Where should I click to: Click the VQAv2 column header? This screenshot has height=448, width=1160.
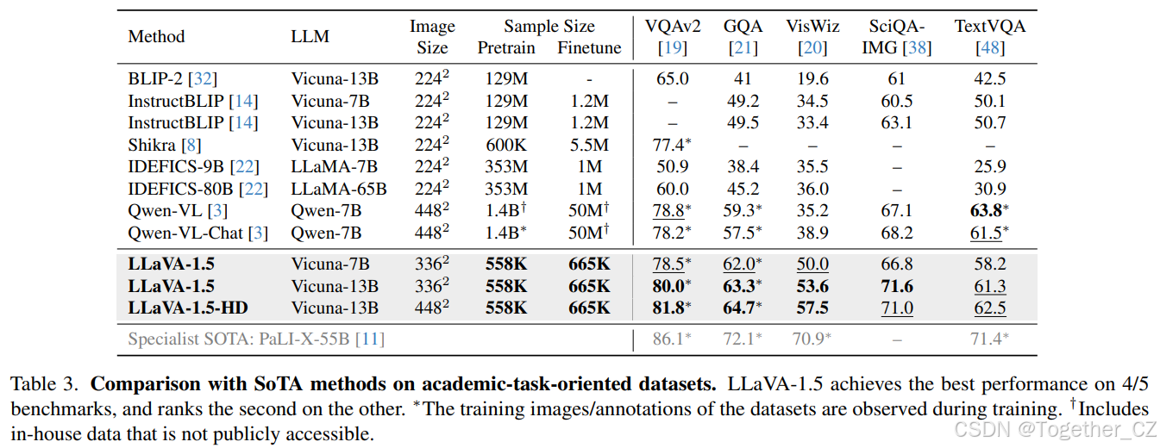[673, 26]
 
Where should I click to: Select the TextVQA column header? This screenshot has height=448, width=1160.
[990, 26]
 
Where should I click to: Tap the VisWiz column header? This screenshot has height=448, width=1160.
[812, 26]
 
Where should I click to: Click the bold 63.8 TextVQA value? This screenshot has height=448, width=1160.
[987, 211]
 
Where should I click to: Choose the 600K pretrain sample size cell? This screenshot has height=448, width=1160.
[506, 145]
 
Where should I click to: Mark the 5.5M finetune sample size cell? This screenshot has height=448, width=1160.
[589, 145]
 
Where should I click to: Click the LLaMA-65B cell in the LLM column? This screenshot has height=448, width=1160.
[338, 189]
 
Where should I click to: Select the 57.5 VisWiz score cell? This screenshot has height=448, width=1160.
[812, 308]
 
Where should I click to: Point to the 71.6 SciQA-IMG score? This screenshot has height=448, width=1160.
[897, 286]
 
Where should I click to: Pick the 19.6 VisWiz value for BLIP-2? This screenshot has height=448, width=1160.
[812, 78]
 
